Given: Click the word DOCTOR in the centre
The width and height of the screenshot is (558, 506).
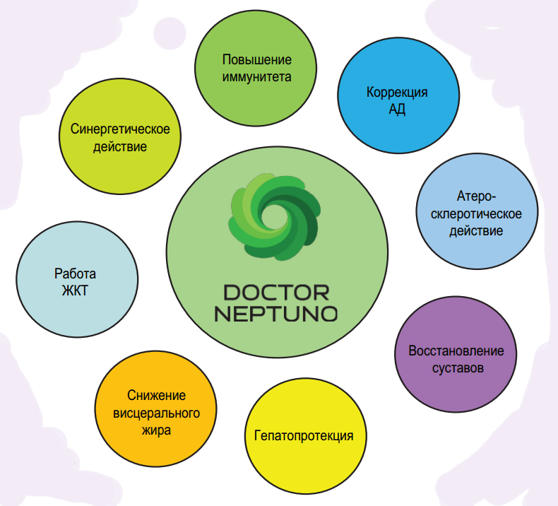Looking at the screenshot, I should (276, 292).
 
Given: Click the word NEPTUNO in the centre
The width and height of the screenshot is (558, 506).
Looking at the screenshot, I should (276, 313).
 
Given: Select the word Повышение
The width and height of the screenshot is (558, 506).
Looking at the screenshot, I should (257, 60).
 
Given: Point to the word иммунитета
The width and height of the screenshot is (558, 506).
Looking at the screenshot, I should (257, 76).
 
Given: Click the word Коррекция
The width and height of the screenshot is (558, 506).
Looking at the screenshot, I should (397, 93).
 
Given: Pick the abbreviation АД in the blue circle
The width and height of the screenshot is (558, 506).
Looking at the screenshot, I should (397, 110).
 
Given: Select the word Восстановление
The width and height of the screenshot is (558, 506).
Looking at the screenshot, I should (456, 351).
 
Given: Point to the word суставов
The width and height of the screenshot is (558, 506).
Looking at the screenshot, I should (456, 368).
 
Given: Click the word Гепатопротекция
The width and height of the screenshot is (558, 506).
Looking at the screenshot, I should (304, 435).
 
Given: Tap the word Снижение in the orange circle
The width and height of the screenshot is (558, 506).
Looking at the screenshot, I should (156, 396).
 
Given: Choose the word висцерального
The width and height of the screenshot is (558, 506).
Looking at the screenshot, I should (156, 413).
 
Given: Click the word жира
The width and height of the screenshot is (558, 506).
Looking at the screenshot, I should (156, 430).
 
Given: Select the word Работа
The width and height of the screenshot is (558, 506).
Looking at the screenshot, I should (75, 273).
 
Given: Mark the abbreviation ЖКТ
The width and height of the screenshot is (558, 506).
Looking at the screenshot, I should (75, 290).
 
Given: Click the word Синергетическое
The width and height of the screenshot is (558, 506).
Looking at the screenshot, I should (120, 130).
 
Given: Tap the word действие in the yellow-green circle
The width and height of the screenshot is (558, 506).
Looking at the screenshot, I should (120, 147).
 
